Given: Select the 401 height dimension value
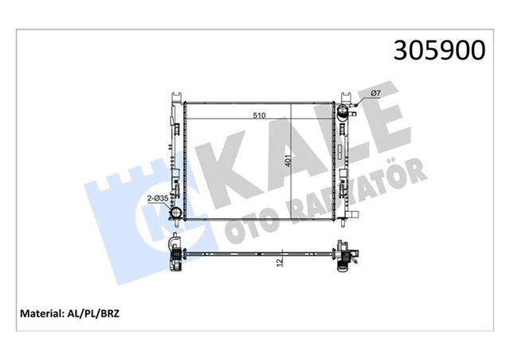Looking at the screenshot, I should pyautogui.click(x=288, y=162).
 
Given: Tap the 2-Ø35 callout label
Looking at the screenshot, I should pyautogui.click(x=157, y=198).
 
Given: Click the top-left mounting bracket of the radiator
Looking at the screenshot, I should pyautogui.click(x=173, y=102).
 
